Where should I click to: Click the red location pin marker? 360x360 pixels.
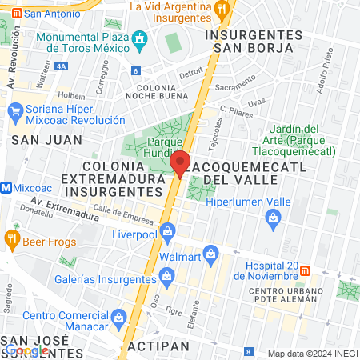tap(181, 163)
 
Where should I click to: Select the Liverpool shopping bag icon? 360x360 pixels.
tap(167, 233)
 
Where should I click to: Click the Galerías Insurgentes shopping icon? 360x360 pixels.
tap(167, 278)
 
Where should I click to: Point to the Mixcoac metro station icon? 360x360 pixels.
tap(6, 187)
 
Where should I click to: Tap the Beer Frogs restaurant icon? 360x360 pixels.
tap(11, 238)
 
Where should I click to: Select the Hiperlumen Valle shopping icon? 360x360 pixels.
tap(273, 217)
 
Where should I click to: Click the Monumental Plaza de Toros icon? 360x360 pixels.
tap(141, 38)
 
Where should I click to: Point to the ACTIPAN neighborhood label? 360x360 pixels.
tap(158, 346)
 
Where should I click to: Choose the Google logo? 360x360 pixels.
tap(27, 350)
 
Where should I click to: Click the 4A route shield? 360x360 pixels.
tap(62, 66)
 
